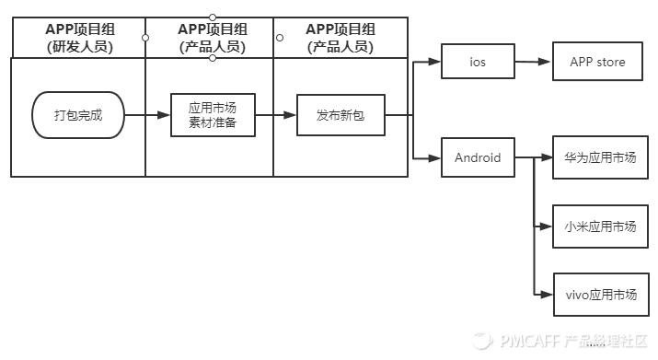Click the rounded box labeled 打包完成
(78, 115)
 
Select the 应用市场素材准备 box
(213, 115)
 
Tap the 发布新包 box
(340, 115)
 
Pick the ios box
(477, 63)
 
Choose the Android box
(478, 157)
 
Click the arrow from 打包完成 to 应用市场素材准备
(147, 115)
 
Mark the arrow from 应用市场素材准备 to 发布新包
(275, 115)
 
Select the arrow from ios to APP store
(533, 63)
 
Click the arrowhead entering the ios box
(436, 63)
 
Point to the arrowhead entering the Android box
(436, 157)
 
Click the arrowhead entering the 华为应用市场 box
(548, 157)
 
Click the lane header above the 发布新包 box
(340, 38)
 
